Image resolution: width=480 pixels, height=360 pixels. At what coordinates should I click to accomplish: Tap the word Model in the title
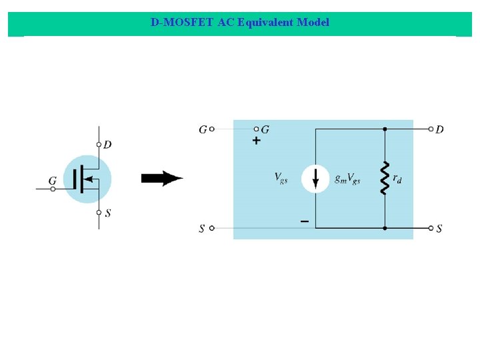coord(313,22)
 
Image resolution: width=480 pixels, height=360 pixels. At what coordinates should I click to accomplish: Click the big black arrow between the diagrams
coord(162,179)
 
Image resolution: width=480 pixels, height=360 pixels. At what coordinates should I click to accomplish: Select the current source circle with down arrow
coord(315,179)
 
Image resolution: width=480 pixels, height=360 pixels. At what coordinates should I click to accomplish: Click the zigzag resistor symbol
coord(385,177)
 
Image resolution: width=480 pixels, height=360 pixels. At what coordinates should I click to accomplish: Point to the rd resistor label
coord(397,178)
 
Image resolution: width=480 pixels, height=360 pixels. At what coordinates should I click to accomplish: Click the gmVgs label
coord(347,178)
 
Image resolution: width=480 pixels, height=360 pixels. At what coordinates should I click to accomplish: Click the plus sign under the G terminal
coord(256,141)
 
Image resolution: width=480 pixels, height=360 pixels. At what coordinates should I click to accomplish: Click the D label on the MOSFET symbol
coord(108,144)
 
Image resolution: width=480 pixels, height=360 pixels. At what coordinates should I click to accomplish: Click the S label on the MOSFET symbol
coord(108,213)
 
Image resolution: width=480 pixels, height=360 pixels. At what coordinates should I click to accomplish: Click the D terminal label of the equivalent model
coord(439,129)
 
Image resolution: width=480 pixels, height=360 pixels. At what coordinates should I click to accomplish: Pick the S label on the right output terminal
coord(439,229)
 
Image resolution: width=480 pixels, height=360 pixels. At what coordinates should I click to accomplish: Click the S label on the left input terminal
coord(202,229)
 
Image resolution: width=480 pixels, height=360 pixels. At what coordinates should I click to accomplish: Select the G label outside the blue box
coord(203,129)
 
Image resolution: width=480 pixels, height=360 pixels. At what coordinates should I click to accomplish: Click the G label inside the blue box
coord(265,129)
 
